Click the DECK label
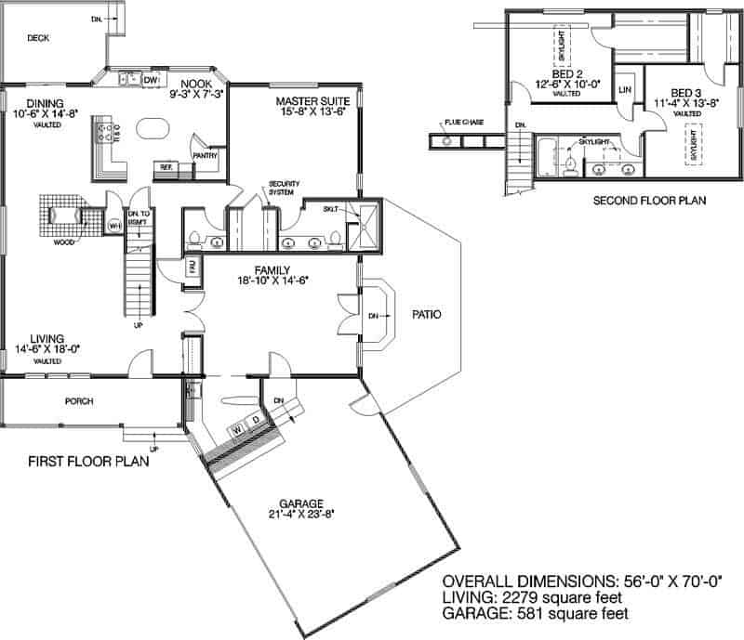tap(37, 38)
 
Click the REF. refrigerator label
tap(167, 166)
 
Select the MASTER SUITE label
tap(312, 99)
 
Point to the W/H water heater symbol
tap(114, 226)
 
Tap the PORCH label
tap(79, 402)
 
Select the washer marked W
tap(237, 430)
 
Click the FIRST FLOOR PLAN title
tap(89, 461)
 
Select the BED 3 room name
tap(685, 93)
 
